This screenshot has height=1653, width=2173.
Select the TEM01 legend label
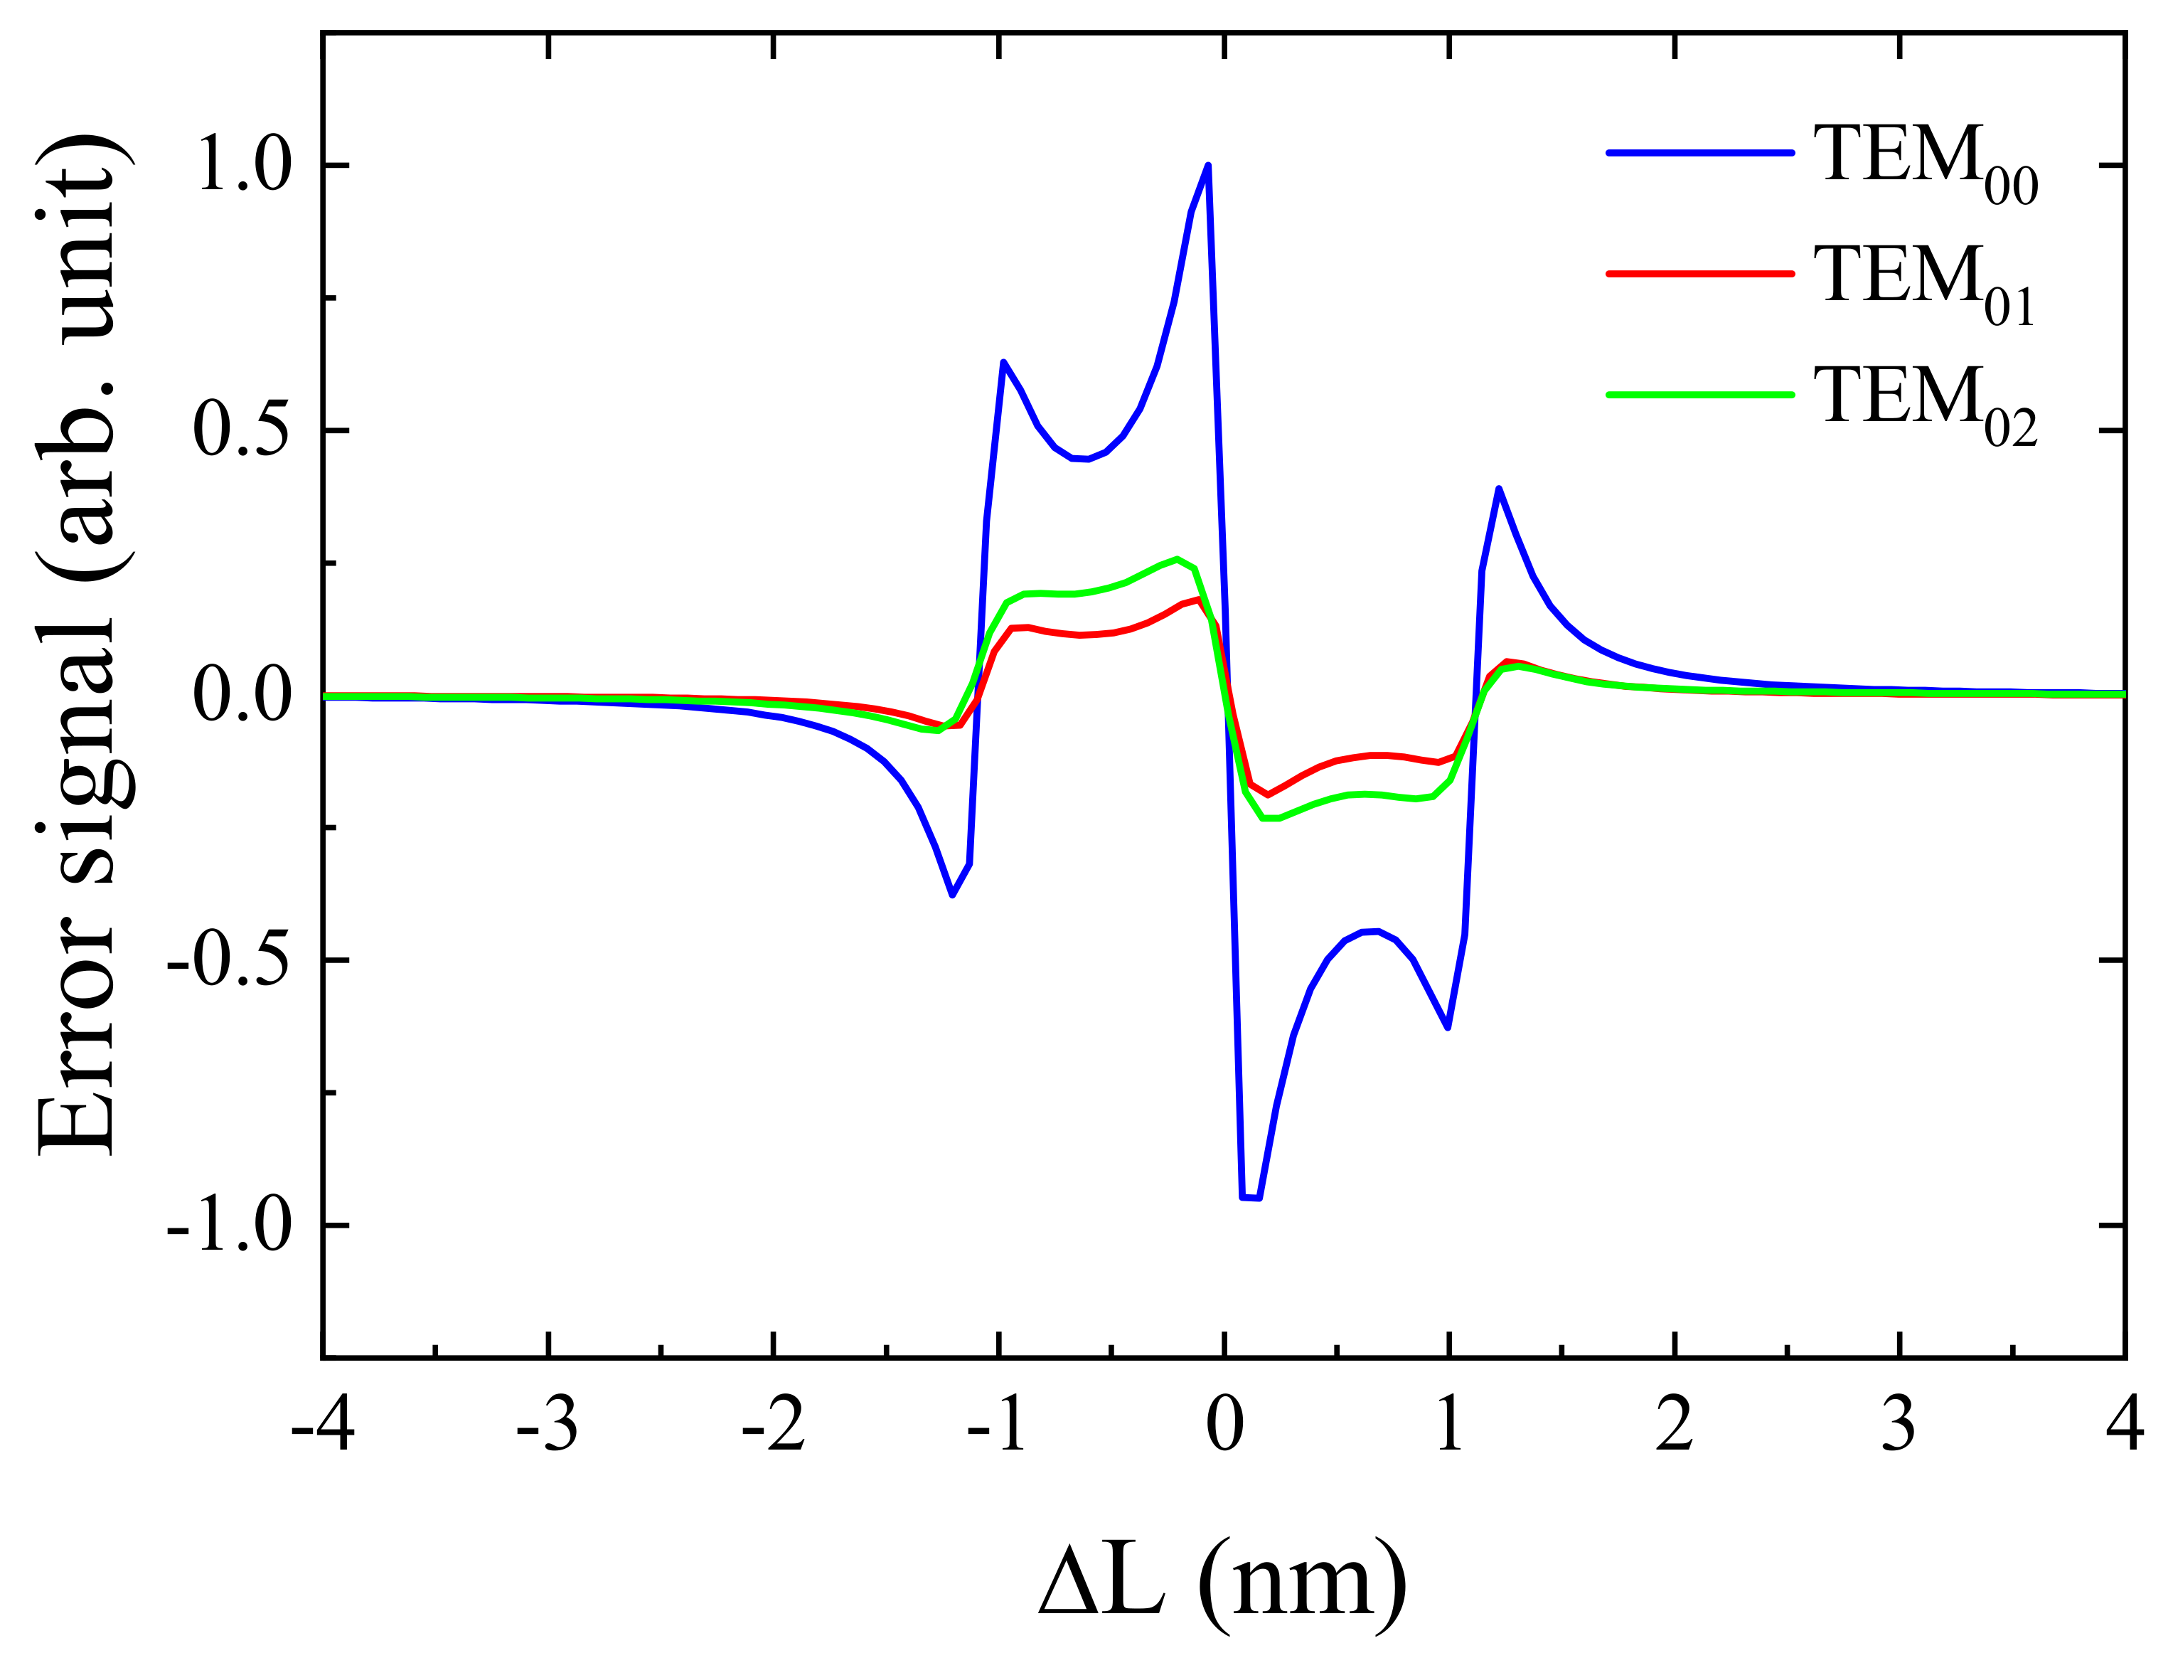(x=1924, y=282)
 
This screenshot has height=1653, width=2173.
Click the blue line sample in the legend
(x=1700, y=152)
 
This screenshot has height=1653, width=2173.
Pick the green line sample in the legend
(x=1700, y=395)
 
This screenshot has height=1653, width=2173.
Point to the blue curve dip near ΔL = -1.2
(x=952, y=894)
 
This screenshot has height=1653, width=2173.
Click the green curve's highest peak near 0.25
(x=1177, y=559)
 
